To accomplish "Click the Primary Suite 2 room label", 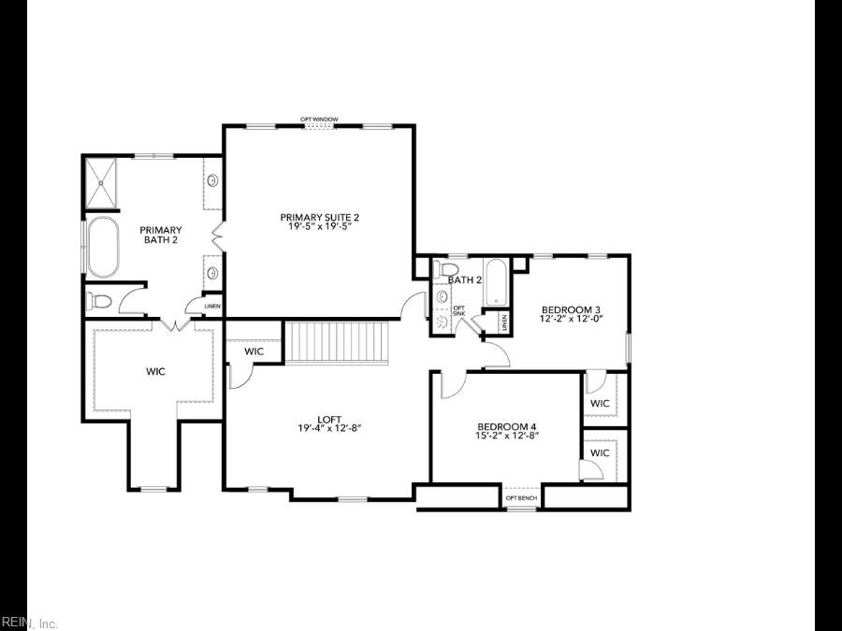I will pyautogui.click(x=319, y=217).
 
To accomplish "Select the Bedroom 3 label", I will pyautogui.click(x=570, y=309).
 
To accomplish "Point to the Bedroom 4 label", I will pyautogui.click(x=505, y=425).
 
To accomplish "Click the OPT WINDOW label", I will pyautogui.click(x=319, y=120).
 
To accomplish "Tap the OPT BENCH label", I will pyautogui.click(x=522, y=497).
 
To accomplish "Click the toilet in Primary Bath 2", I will pyautogui.click(x=99, y=301).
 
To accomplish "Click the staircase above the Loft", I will pyautogui.click(x=336, y=342).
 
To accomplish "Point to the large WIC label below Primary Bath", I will pyautogui.click(x=155, y=371).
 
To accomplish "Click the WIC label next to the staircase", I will pyautogui.click(x=254, y=351).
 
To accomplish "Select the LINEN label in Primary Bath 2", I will pyautogui.click(x=212, y=307).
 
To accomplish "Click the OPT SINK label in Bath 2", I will pyautogui.click(x=458, y=310).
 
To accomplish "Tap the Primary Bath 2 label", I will pyautogui.click(x=160, y=235).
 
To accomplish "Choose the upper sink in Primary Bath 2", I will pyautogui.click(x=212, y=179).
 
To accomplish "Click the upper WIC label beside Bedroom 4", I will pyautogui.click(x=600, y=404).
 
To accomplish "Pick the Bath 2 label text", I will pyautogui.click(x=464, y=280).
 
